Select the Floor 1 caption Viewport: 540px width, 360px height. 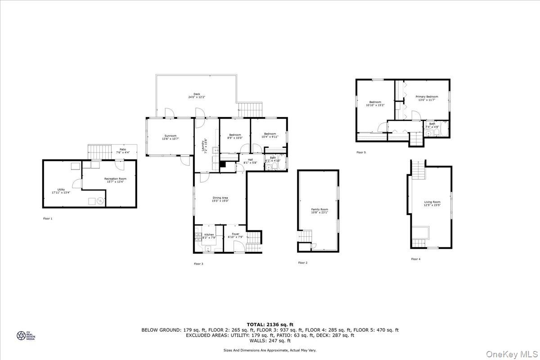(47, 219)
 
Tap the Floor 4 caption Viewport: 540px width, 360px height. (415, 259)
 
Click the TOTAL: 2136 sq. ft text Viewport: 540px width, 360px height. (270, 324)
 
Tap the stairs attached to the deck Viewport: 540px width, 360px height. (249, 108)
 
